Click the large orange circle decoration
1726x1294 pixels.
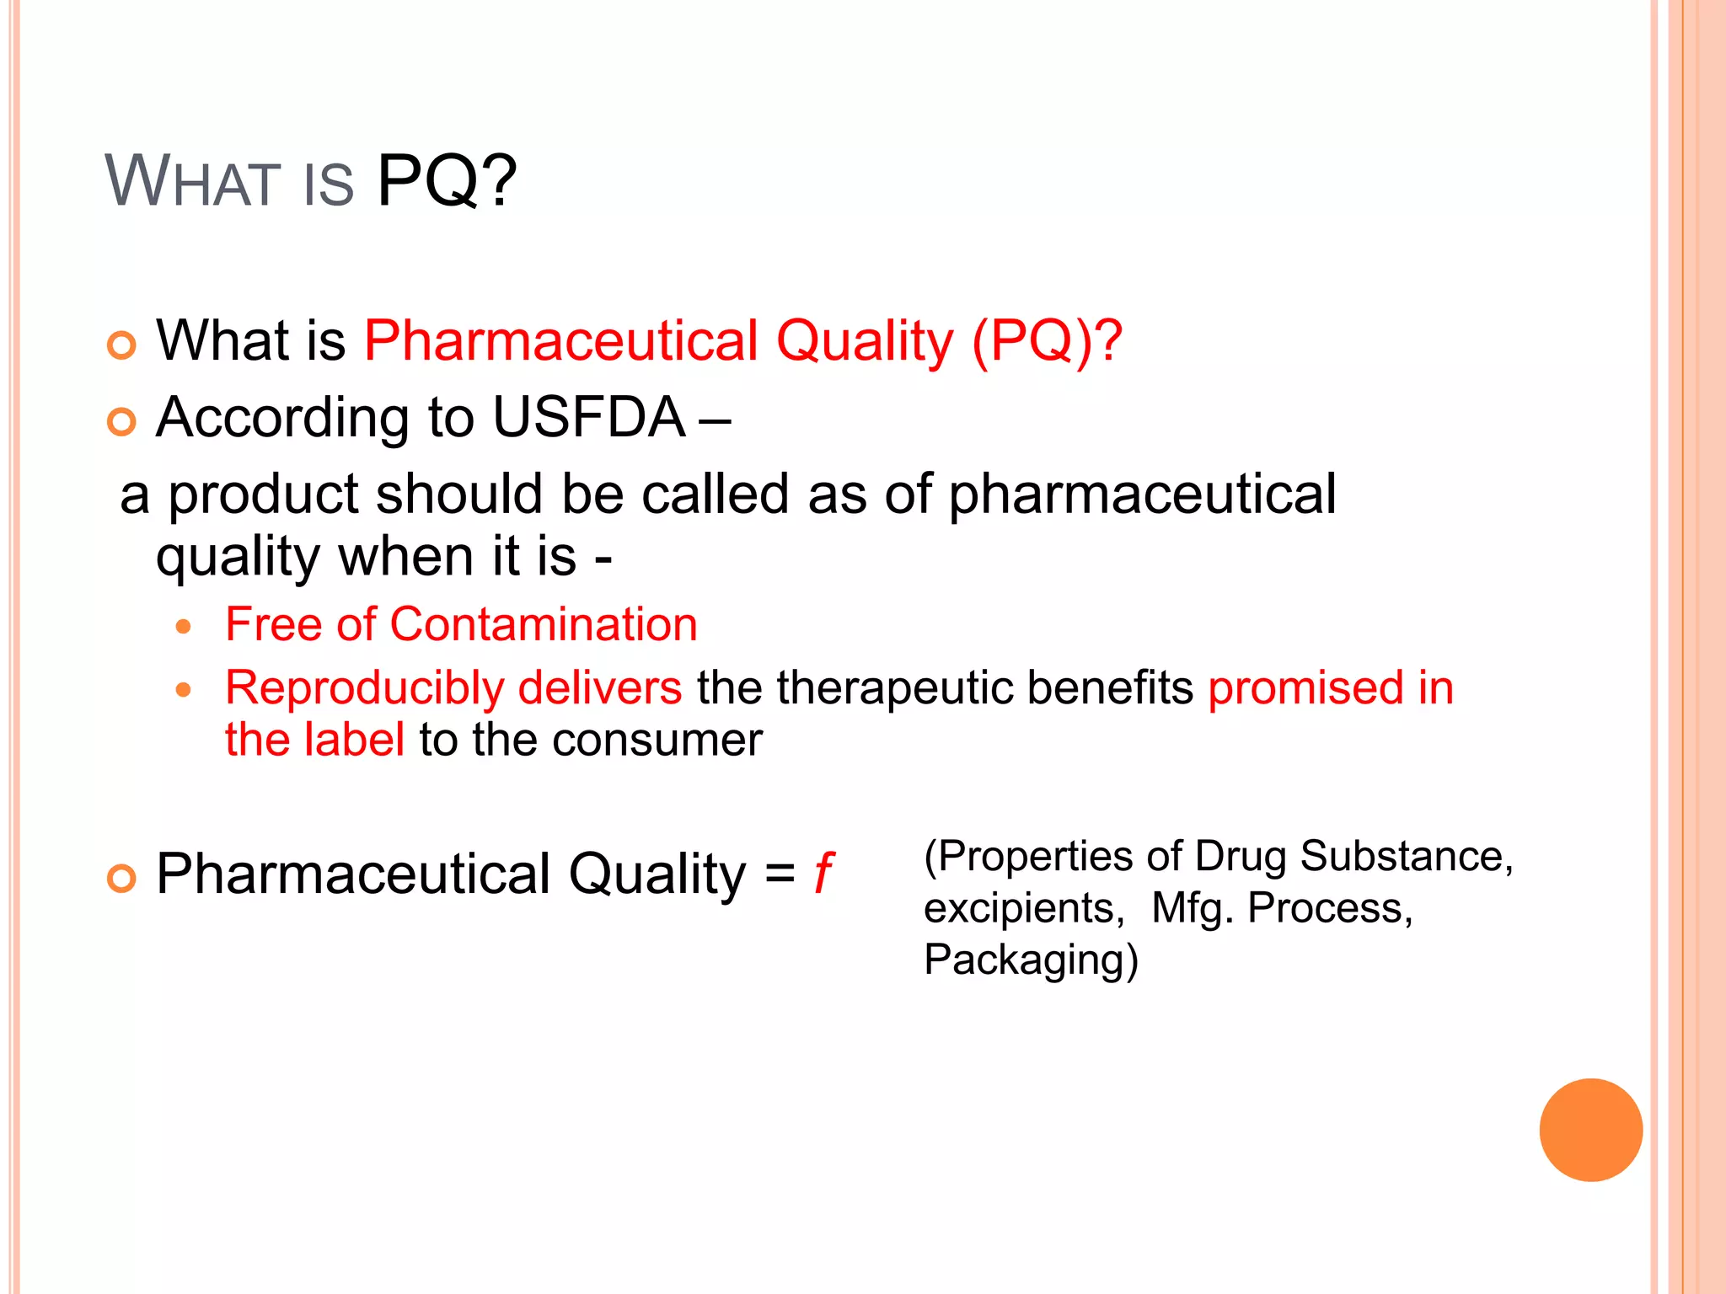(1590, 1130)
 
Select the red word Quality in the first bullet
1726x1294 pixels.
(865, 341)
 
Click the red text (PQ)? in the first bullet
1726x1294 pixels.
(1047, 341)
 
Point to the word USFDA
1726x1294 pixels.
(588, 417)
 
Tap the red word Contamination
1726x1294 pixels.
(544, 624)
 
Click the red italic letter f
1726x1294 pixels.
(823, 873)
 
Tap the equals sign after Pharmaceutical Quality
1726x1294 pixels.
(780, 874)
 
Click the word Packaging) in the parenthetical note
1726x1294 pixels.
(1031, 960)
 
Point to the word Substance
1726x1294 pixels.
(1406, 856)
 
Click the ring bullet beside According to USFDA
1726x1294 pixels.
(122, 421)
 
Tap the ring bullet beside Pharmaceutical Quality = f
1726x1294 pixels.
(122, 879)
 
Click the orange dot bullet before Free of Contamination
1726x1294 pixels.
(184, 626)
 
